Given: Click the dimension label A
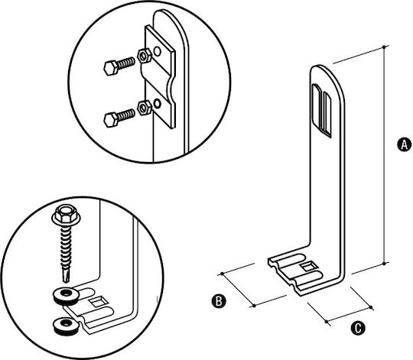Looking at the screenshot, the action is click(x=404, y=144).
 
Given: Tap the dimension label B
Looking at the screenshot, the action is click(x=219, y=301).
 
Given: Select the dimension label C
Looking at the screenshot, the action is click(x=358, y=328).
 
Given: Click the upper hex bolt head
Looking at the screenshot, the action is click(x=111, y=68).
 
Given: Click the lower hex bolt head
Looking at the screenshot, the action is click(x=111, y=120).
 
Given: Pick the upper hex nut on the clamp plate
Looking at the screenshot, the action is click(x=145, y=56).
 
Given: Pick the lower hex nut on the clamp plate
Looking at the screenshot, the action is click(x=145, y=107).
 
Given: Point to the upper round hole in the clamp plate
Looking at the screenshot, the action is click(x=158, y=51).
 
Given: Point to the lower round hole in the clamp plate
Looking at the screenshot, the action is click(x=158, y=104).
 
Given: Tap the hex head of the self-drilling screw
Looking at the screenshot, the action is click(x=67, y=215).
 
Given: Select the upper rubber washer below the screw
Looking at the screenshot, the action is click(x=66, y=296).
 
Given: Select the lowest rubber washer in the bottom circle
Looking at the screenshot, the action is click(x=66, y=326).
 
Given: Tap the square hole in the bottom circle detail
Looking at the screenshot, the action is click(x=98, y=302).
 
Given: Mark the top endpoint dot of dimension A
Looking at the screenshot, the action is click(x=384, y=47).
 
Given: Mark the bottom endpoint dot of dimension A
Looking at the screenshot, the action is click(x=384, y=264).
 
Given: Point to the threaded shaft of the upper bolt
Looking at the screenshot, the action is click(x=126, y=63).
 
